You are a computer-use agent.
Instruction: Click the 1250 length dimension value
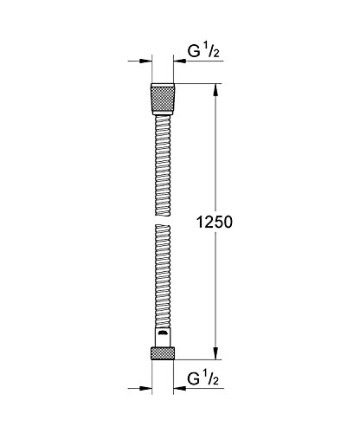pyautogui.click(x=214, y=223)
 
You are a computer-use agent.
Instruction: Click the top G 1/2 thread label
pyautogui.click(x=203, y=51)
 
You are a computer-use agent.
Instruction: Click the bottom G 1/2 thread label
pyautogui.click(x=203, y=378)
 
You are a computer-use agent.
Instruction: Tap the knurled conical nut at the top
pyautogui.click(x=163, y=99)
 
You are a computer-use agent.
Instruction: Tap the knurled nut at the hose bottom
pyautogui.click(x=163, y=353)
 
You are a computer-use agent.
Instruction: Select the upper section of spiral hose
pyautogui.click(x=163, y=165)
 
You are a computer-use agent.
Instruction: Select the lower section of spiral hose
pyautogui.click(x=163, y=276)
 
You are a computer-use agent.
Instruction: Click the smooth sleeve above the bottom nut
pyautogui.click(x=163, y=337)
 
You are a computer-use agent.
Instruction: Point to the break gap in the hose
pyautogui.click(x=163, y=220)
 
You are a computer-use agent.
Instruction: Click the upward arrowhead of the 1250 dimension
pyautogui.click(x=215, y=90)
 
